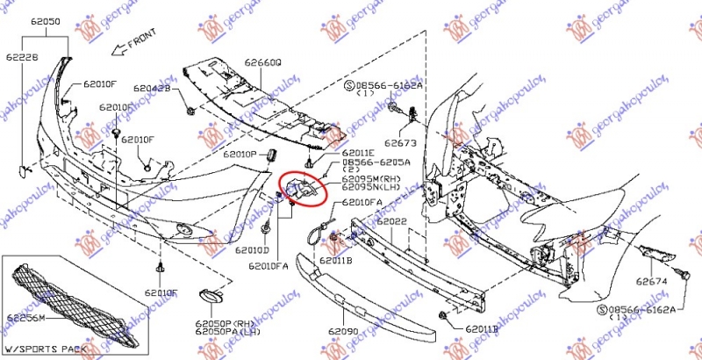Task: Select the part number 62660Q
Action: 263,63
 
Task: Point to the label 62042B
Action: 154,89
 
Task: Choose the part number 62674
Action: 652,281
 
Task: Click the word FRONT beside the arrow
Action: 141,42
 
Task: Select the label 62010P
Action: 239,154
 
